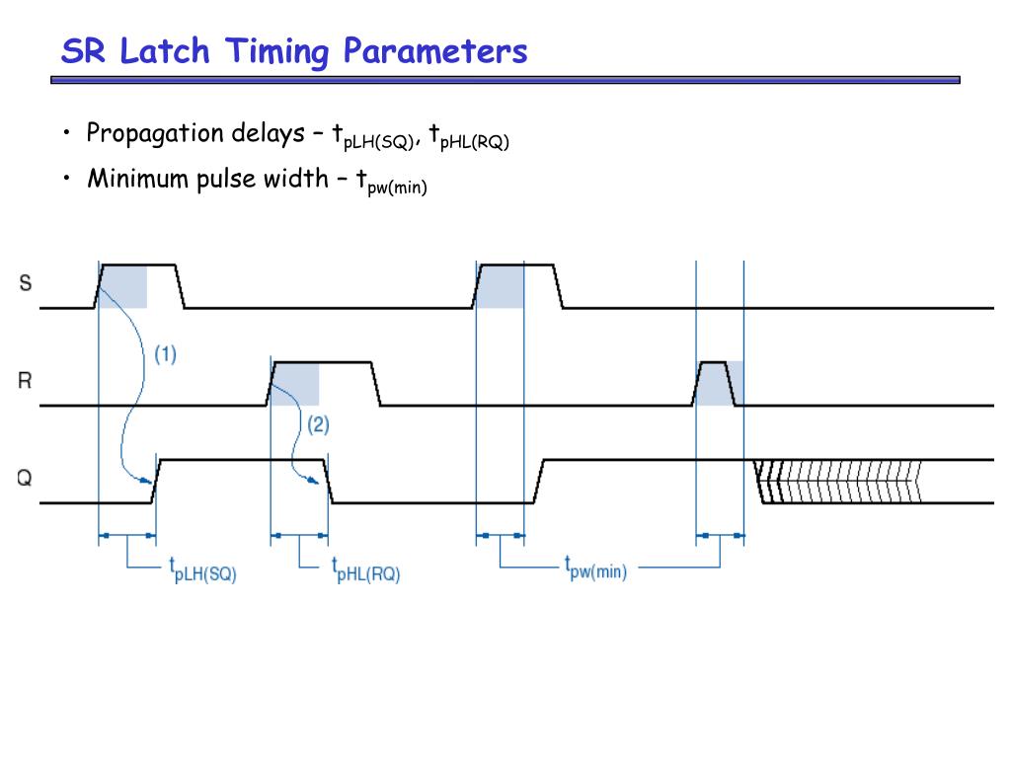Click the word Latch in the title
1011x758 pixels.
(x=165, y=50)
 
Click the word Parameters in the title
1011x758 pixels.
(x=435, y=50)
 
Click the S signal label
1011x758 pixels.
(x=25, y=283)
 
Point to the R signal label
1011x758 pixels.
(x=25, y=380)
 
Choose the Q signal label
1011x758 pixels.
(x=25, y=479)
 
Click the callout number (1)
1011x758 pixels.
(x=165, y=354)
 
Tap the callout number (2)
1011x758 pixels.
(x=318, y=425)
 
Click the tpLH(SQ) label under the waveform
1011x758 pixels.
(x=202, y=569)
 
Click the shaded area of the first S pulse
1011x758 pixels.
(x=124, y=286)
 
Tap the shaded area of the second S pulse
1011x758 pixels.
(x=501, y=286)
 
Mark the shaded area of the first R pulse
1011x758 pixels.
(x=296, y=384)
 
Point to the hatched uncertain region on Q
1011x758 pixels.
(x=839, y=482)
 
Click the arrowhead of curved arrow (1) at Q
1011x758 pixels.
(x=149, y=482)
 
